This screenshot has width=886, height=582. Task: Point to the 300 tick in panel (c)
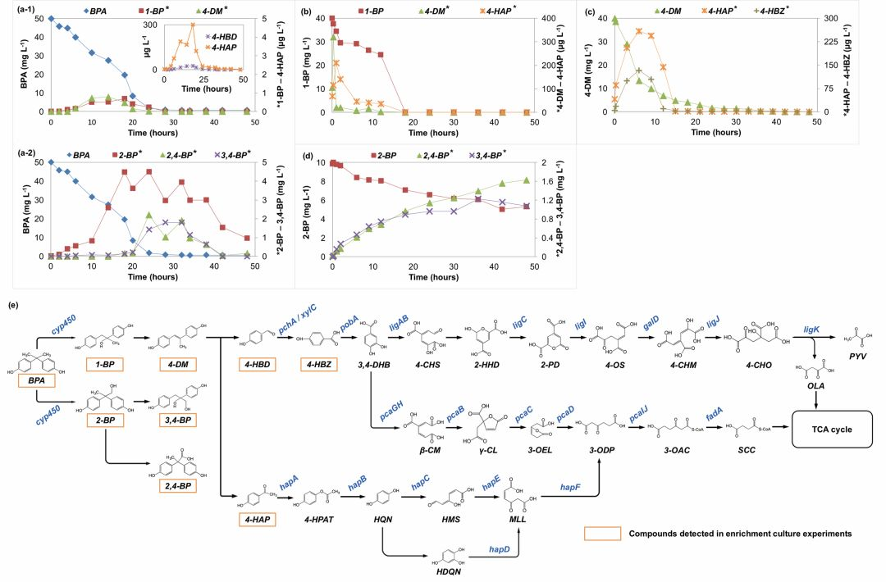tap(828, 18)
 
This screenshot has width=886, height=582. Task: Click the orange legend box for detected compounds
tap(601, 534)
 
